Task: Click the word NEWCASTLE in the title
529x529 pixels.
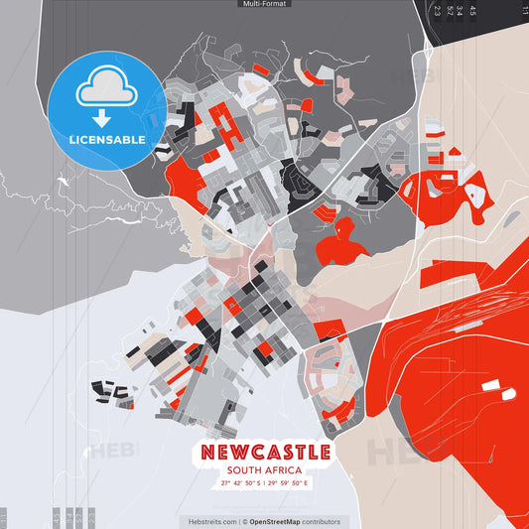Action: pyautogui.click(x=265, y=453)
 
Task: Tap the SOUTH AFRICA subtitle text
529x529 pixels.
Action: pyautogui.click(x=265, y=470)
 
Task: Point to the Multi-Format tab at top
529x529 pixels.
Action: pyautogui.click(x=264, y=5)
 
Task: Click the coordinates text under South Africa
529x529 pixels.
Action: pyautogui.click(x=265, y=483)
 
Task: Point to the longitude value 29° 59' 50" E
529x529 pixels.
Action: pyautogui.click(x=289, y=483)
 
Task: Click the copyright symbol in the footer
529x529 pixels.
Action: pyautogui.click(x=244, y=521)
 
